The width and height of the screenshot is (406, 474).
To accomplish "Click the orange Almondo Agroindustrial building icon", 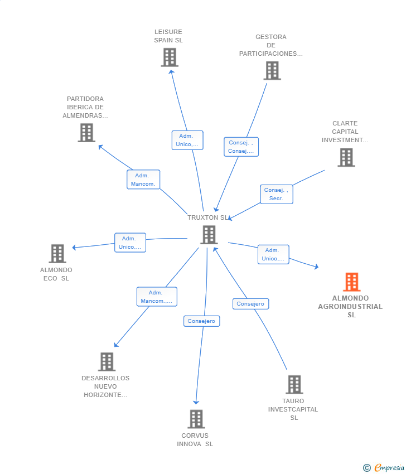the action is (351, 282).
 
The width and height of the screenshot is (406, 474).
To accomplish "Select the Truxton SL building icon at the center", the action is (209, 235).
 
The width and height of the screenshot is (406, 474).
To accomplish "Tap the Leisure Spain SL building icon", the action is (170, 57).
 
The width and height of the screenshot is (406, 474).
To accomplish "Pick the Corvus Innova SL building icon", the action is (196, 419).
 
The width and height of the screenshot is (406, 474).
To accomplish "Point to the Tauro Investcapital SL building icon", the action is (294, 385).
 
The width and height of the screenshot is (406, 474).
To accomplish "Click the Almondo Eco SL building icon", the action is (57, 253).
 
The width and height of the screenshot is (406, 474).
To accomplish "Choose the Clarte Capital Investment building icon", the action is (346, 157).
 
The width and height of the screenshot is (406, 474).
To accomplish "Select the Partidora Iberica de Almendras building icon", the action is (86, 133).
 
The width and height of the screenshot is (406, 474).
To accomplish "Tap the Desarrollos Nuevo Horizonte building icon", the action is (107, 361).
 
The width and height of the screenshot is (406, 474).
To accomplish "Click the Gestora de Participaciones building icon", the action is (272, 70).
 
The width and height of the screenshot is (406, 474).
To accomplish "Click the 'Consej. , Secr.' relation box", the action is (276, 194).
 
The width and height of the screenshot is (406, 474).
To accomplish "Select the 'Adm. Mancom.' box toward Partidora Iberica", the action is (143, 180).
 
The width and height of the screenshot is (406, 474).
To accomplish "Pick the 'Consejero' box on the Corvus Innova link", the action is (202, 321).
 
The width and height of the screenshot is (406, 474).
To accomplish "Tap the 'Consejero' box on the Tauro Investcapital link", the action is (250, 304).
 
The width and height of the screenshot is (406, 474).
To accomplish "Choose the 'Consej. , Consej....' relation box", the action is (241, 147).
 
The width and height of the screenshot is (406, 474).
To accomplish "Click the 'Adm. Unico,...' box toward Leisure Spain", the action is (187, 141).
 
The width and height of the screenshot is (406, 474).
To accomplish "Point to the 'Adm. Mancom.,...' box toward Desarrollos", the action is (157, 297).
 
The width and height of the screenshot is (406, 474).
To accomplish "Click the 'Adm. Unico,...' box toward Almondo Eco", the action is (130, 243).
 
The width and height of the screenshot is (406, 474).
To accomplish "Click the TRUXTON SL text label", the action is (208, 217).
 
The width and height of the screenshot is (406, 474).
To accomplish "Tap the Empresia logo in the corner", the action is (384, 468).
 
